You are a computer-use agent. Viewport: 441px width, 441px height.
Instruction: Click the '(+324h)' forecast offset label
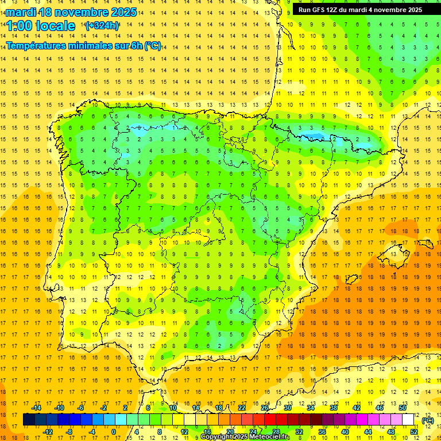pyautogui.click(x=102, y=25)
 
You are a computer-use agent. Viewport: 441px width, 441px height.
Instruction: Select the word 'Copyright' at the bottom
pyautogui.click(x=216, y=437)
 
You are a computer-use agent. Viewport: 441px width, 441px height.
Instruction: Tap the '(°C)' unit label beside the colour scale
pyautogui.click(x=428, y=420)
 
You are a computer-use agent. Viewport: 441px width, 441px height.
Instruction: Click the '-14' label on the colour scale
pyautogui.click(x=36, y=408)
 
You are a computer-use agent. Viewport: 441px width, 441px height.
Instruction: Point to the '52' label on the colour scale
pyautogui.click(x=414, y=431)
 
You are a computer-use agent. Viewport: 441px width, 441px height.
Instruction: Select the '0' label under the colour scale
pyautogui.click(x=114, y=431)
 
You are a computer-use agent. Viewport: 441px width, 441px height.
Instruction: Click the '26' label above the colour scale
pyautogui.click(x=265, y=408)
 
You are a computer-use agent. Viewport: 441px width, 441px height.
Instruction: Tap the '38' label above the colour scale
pyautogui.click(x=334, y=408)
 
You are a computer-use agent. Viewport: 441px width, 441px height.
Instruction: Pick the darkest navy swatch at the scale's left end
pyautogui.click(x=29, y=420)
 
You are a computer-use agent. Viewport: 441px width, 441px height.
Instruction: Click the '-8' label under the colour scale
pyautogui.click(x=69, y=431)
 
